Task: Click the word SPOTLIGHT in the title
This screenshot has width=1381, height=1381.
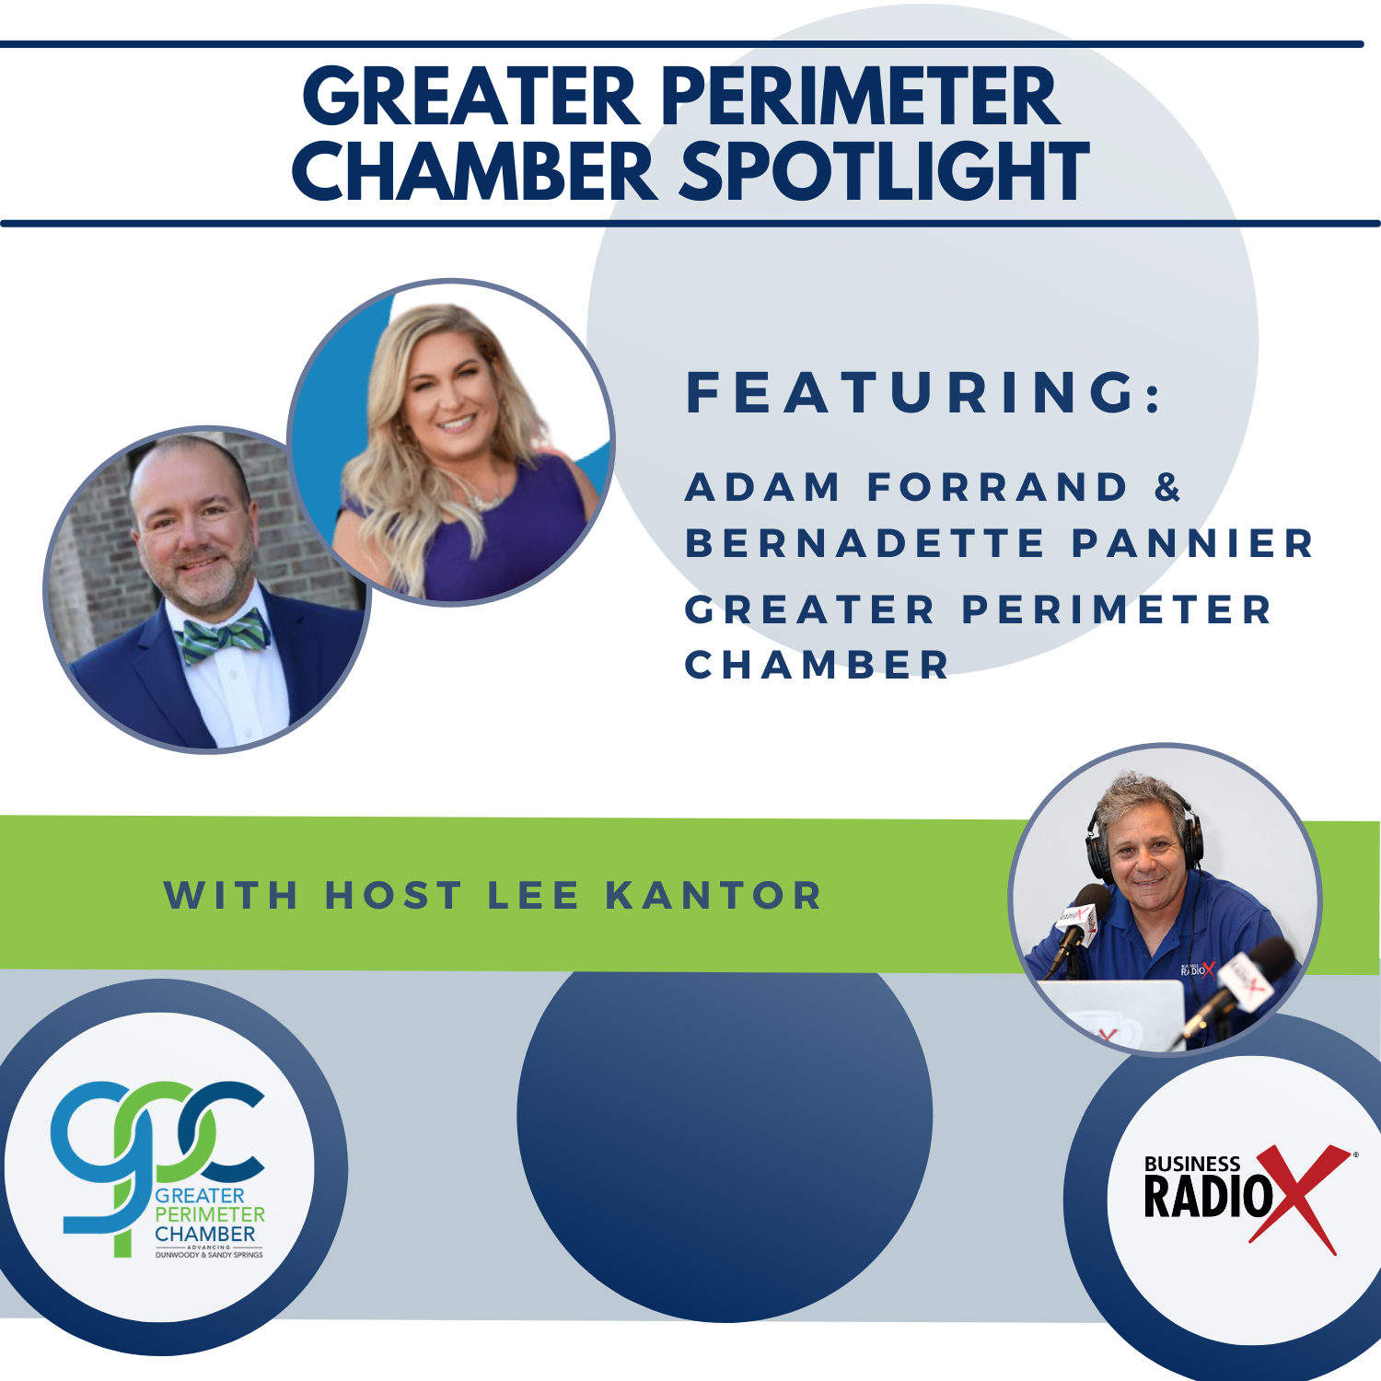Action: pyautogui.click(x=884, y=172)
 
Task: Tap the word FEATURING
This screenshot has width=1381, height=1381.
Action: pyautogui.click(x=924, y=392)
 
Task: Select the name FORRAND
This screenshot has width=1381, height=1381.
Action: pyautogui.click(x=998, y=487)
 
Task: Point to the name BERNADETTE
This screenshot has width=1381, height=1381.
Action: pyautogui.click(x=865, y=543)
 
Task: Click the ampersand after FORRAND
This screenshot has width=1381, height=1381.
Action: pyautogui.click(x=1167, y=487)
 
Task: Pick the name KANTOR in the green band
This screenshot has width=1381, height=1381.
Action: pyautogui.click(x=714, y=896)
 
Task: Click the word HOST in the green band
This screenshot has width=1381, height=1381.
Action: pyautogui.click(x=393, y=896)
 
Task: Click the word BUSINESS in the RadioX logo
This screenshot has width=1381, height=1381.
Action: pyautogui.click(x=1192, y=1164)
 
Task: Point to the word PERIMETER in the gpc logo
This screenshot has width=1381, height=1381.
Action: pyautogui.click(x=209, y=1214)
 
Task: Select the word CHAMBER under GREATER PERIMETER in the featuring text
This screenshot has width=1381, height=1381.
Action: pyautogui.click(x=817, y=665)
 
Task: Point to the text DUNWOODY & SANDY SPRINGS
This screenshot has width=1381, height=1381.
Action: pyautogui.click(x=209, y=1255)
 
